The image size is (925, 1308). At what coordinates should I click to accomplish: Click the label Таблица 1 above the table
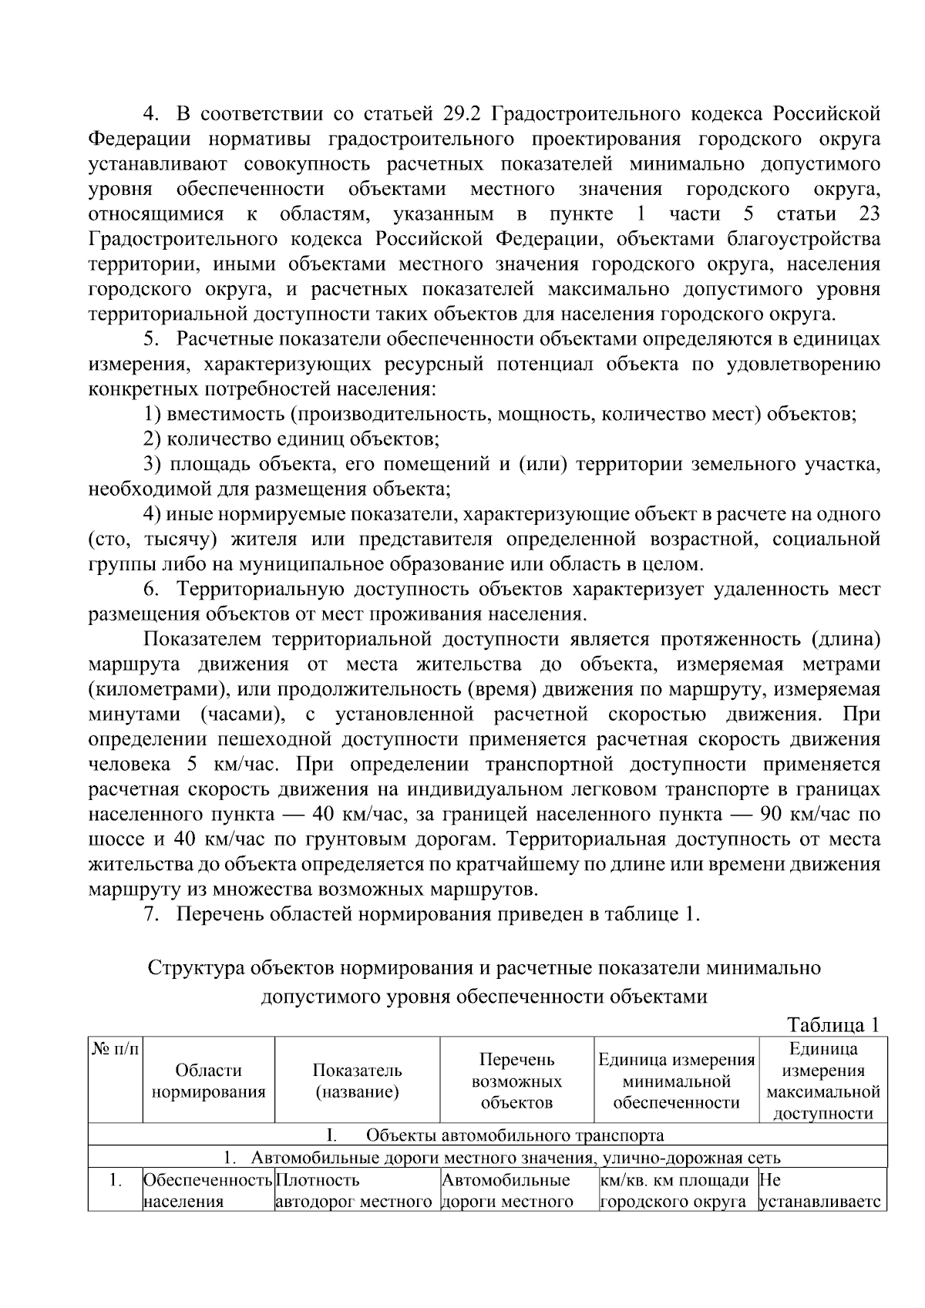click(x=832, y=1025)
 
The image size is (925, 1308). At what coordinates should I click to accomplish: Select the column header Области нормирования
click(x=208, y=1081)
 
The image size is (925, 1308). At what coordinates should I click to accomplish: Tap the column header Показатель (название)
click(x=357, y=1081)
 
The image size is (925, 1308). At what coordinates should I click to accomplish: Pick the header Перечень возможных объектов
click(x=516, y=1081)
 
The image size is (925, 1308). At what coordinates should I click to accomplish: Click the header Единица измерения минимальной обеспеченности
click(x=676, y=1081)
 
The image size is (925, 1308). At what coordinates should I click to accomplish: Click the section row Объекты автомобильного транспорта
click(x=514, y=1135)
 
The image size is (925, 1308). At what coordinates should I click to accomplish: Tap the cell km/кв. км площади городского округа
click(x=675, y=1191)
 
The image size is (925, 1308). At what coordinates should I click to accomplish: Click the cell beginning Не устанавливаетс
click(x=822, y=1191)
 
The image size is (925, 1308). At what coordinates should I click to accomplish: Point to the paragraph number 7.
click(x=151, y=915)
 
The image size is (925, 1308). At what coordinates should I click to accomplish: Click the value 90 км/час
click(x=796, y=815)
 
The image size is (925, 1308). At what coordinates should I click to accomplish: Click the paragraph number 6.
click(x=151, y=590)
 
